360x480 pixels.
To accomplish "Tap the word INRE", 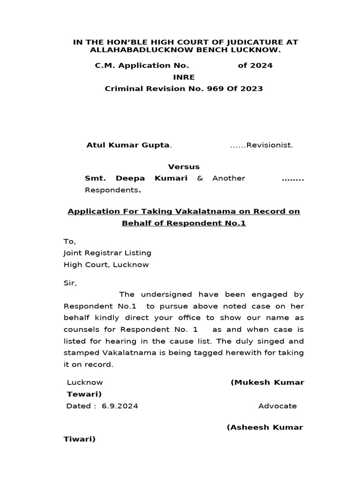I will [x=183, y=77].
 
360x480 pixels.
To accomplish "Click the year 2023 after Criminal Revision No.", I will [x=252, y=89].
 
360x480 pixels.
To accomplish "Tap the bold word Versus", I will [x=184, y=166].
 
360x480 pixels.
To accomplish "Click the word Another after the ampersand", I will [x=228, y=178].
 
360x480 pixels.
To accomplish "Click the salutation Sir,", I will [x=69, y=283].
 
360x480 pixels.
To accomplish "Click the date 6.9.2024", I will [x=120, y=406].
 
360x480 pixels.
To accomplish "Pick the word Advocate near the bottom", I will [x=277, y=406].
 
